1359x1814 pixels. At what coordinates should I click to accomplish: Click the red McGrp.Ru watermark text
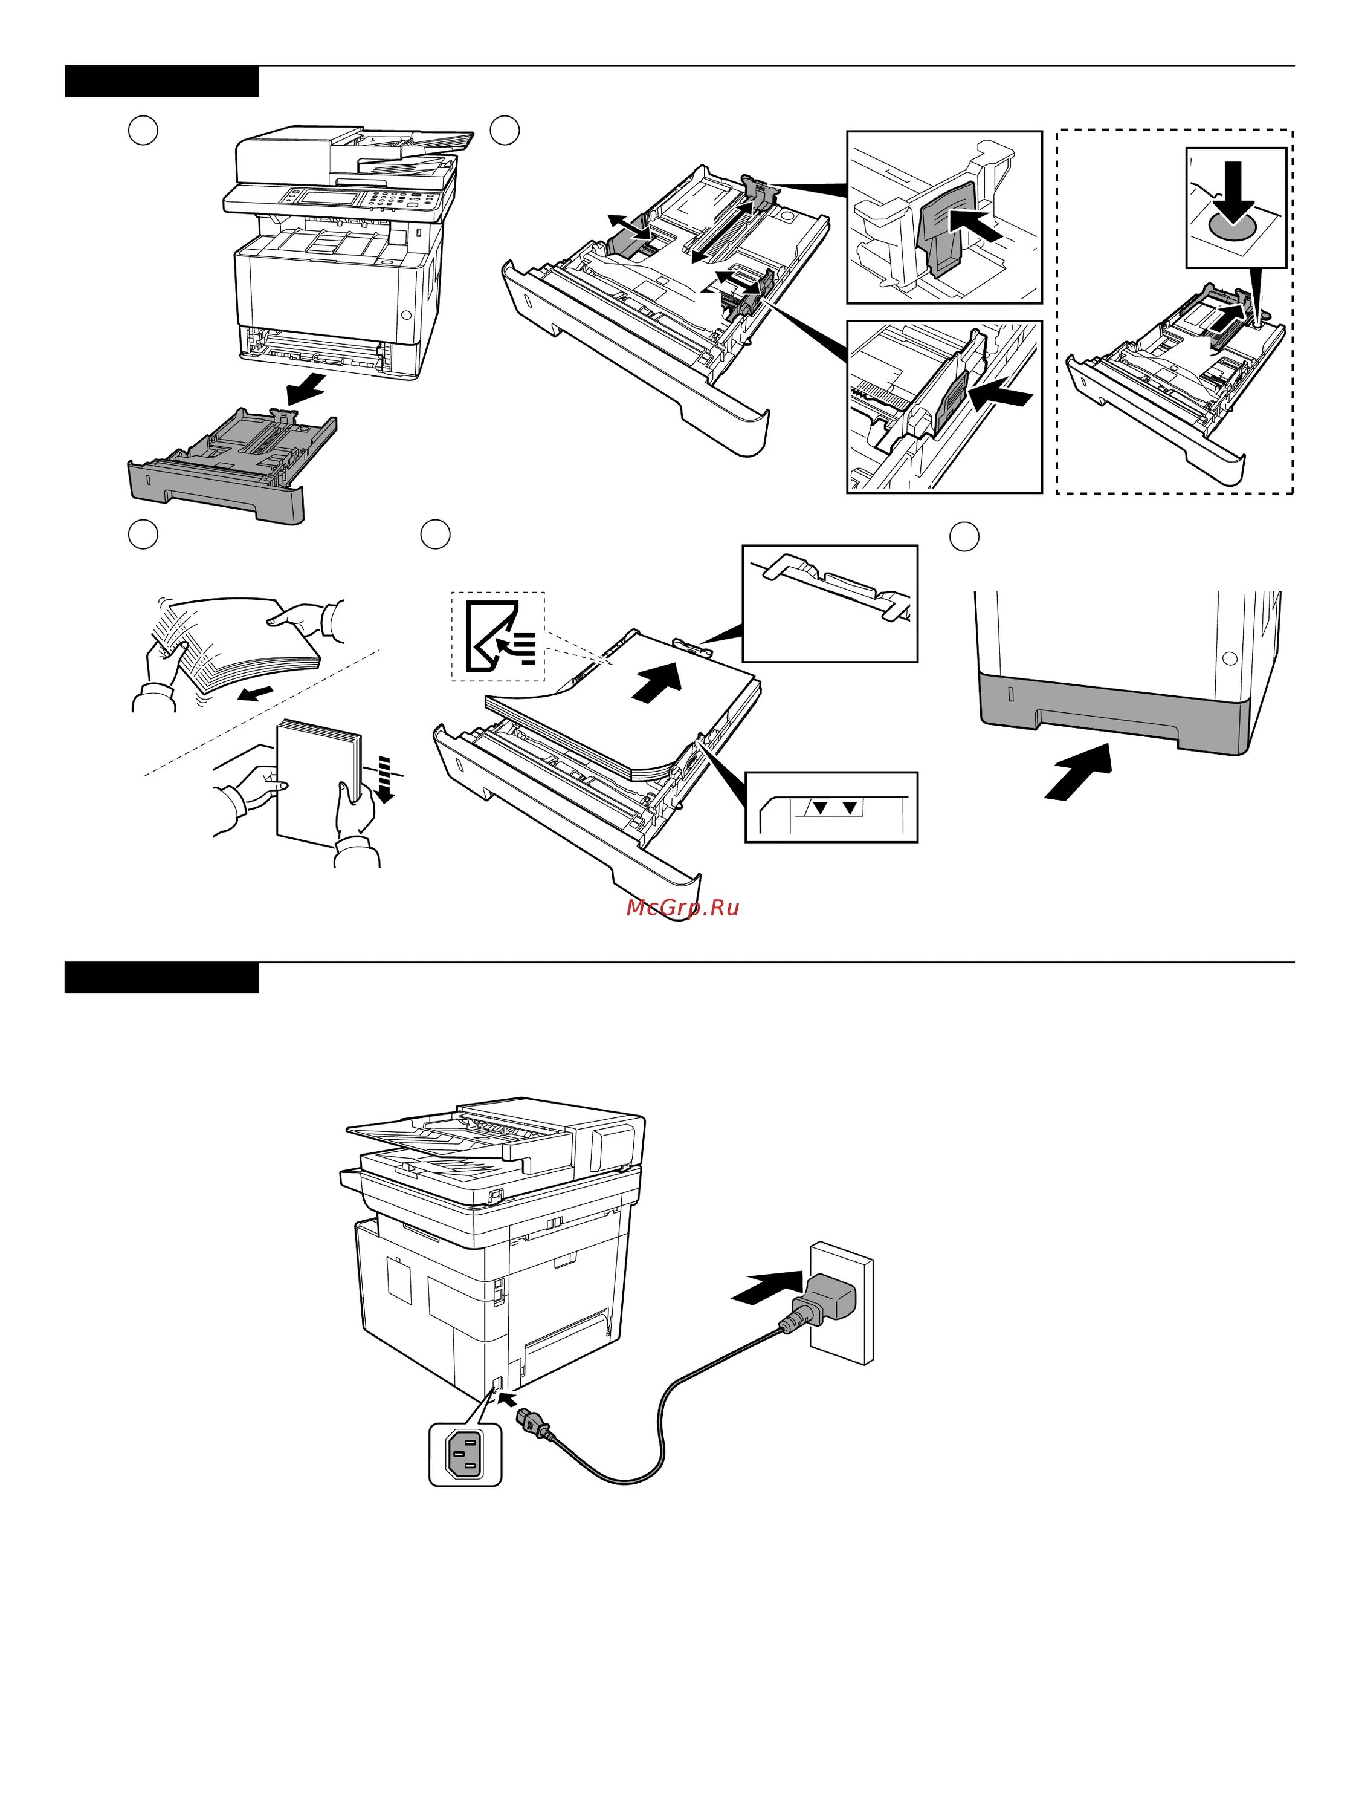pyautogui.click(x=682, y=908)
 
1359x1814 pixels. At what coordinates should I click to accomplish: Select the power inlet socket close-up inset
pyautogui.click(x=465, y=1454)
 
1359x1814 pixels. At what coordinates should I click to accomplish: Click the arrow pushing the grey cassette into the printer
pyautogui.click(x=1079, y=771)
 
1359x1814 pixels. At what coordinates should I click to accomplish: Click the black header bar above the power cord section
pyautogui.click(x=161, y=978)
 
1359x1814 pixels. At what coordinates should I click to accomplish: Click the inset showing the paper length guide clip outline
pyautogui.click(x=830, y=603)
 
